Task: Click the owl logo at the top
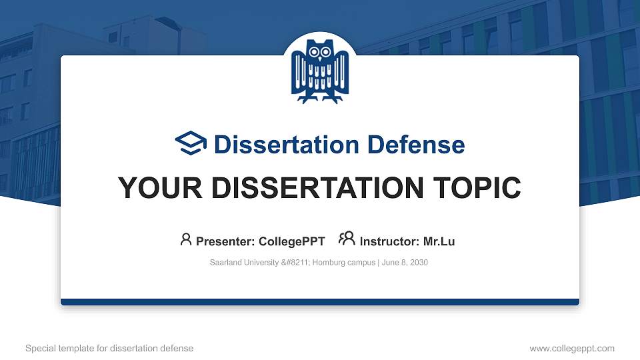point(320,71)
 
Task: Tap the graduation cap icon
point(191,144)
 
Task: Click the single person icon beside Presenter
point(186,239)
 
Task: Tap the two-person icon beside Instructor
point(347,239)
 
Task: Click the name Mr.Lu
point(439,241)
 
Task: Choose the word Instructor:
point(389,241)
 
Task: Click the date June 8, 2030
point(405,263)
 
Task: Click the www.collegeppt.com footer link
point(572,348)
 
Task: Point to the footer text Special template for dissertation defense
point(109,348)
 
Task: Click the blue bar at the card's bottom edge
point(320,302)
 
